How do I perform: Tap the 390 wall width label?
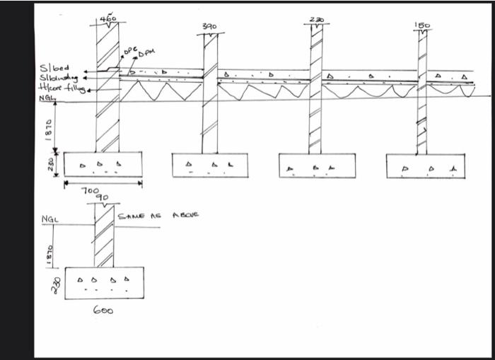(x=209, y=26)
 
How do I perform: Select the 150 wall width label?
(x=422, y=25)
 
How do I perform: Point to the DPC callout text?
(x=129, y=52)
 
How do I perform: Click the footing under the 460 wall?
(x=103, y=164)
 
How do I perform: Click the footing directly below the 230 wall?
(x=314, y=165)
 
